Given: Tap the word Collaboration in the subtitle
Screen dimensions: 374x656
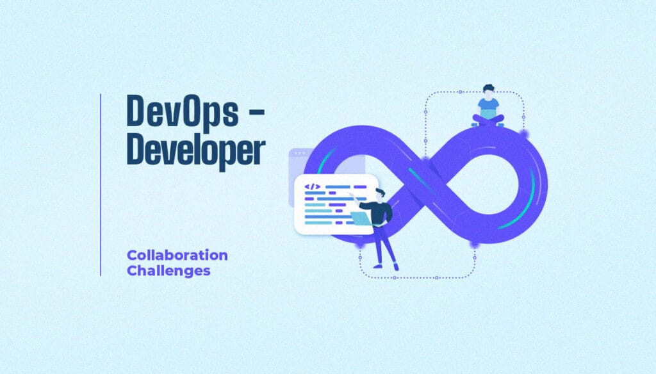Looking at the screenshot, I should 177,255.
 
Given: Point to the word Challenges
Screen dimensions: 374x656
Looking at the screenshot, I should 168,270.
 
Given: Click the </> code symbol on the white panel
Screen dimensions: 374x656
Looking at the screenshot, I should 312,187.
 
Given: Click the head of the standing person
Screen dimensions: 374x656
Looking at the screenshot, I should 380,194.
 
